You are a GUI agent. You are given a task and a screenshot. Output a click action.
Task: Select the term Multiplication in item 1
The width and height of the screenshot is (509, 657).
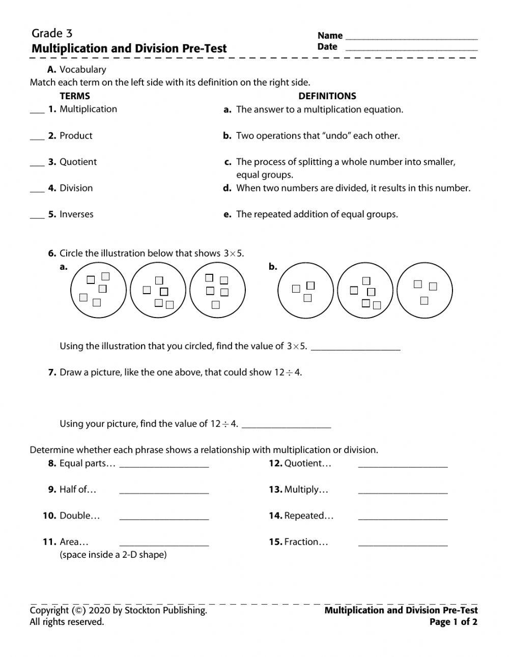[x=88, y=109]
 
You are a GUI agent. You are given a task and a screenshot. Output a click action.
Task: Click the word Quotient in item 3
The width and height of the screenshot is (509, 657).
[x=78, y=162]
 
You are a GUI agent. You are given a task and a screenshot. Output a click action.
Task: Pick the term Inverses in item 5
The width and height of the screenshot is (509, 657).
[x=76, y=214]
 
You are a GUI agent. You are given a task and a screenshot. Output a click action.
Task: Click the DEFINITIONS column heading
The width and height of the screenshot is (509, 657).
[x=327, y=96]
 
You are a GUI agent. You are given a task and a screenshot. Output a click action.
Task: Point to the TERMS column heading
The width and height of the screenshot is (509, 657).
[x=74, y=96]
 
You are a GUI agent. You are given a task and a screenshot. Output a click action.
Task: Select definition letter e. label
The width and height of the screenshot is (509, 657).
[x=228, y=214]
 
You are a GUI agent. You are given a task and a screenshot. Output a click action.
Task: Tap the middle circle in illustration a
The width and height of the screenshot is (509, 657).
[x=158, y=291]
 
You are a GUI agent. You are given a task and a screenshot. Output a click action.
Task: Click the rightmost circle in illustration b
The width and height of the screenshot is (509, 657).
[x=424, y=291]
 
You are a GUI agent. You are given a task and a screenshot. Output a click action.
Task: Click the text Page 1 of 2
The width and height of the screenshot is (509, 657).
[x=453, y=621]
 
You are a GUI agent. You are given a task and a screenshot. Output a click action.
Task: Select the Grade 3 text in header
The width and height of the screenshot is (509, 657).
[x=52, y=34]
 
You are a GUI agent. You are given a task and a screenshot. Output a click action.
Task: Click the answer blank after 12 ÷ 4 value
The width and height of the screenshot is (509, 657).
[x=286, y=425]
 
